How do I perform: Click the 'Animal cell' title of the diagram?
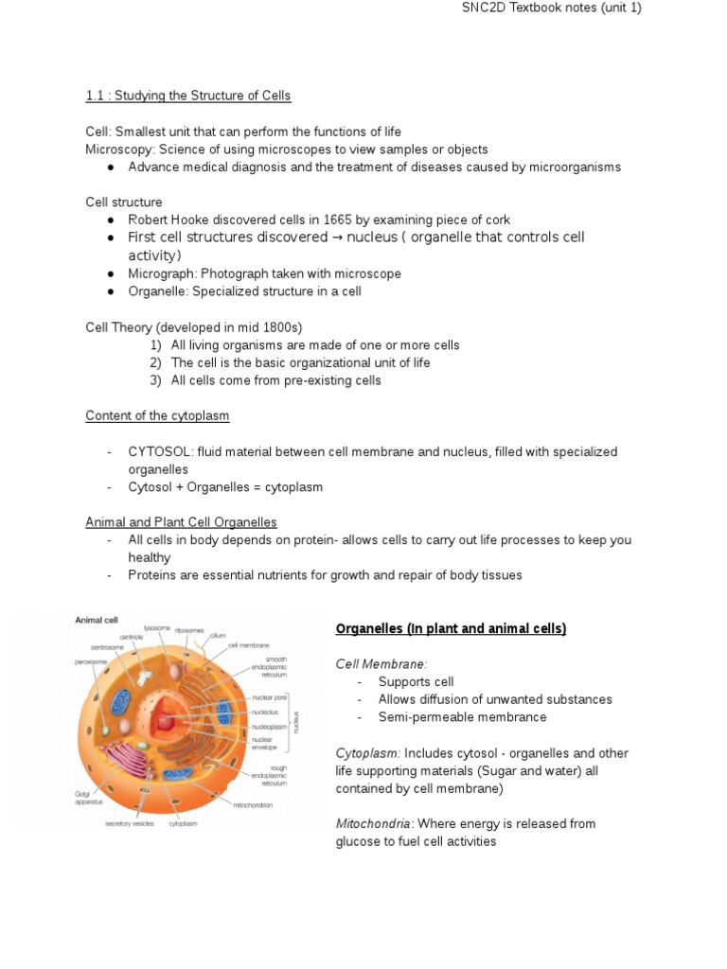pyautogui.click(x=97, y=620)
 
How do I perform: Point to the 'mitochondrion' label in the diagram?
pyautogui.click(x=253, y=805)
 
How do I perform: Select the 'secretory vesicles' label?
pyautogui.click(x=131, y=823)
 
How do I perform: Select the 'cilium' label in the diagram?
pyautogui.click(x=218, y=636)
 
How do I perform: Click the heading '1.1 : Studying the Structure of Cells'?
pyautogui.click(x=188, y=96)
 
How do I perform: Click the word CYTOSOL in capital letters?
pyautogui.click(x=159, y=452)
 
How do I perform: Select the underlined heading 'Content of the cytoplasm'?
pyautogui.click(x=157, y=415)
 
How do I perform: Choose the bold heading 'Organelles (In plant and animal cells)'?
pyautogui.click(x=451, y=629)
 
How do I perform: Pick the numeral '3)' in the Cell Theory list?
pyautogui.click(x=156, y=380)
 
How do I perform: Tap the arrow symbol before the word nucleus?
pyautogui.click(x=338, y=238)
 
